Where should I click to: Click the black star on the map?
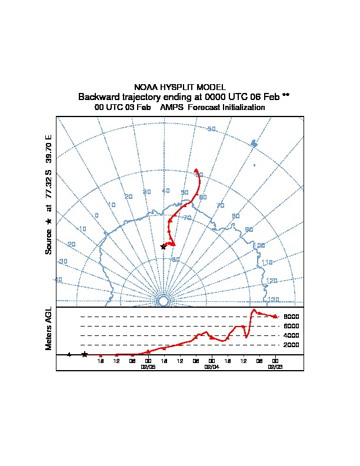tap(163, 246)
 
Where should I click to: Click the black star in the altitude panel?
tap(85, 354)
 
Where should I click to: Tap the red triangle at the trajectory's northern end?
tap(196, 171)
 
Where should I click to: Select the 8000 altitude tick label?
tap(292, 317)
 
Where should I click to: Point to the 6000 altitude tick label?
tap(292, 326)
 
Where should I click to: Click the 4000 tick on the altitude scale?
tap(292, 335)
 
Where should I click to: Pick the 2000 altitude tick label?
tap(292, 345)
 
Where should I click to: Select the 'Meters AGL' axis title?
tap(49, 328)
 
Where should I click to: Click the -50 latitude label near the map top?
tap(211, 129)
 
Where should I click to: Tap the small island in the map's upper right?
tap(254, 143)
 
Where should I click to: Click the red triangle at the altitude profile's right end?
tap(275, 317)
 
